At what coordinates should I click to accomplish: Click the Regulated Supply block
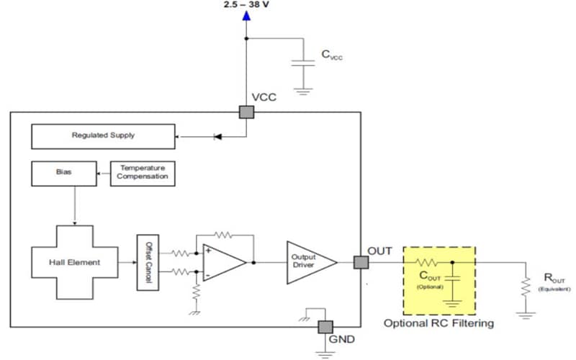coord(103,135)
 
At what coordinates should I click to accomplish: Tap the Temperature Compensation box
coord(143,174)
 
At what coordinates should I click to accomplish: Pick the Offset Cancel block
coord(147,262)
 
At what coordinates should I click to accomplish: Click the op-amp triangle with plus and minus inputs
coord(224,262)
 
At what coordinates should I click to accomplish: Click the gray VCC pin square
coord(246,112)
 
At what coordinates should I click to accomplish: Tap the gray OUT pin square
coord(360,263)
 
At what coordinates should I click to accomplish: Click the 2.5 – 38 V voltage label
coord(246,5)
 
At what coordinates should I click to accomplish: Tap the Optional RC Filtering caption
coord(438,323)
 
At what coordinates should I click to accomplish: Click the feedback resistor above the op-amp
coord(225,235)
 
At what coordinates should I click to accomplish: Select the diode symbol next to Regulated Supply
coord(218,135)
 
